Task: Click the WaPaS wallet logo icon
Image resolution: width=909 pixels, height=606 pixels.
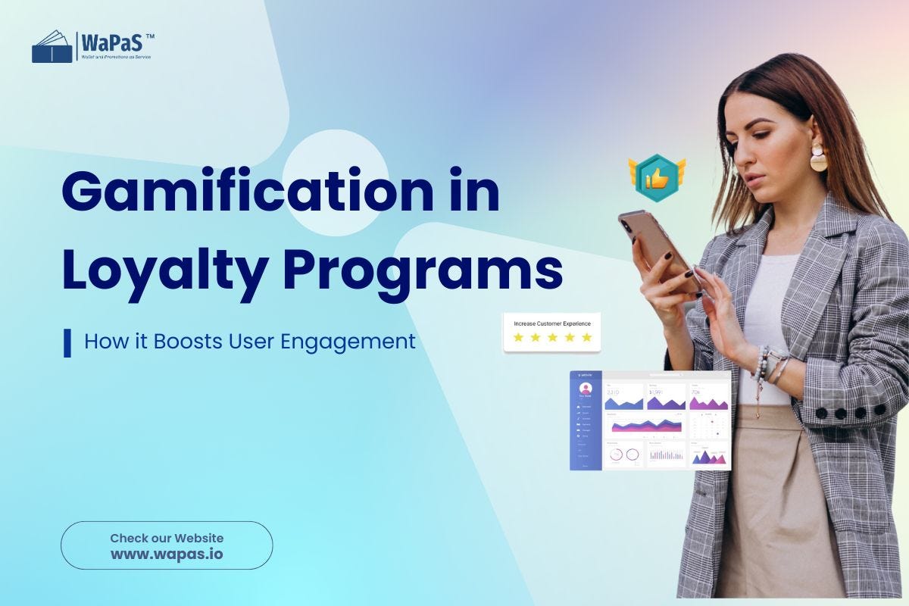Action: tap(52, 47)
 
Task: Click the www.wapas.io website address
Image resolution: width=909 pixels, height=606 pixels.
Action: tap(167, 554)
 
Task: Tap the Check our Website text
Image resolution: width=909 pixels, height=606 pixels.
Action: tap(167, 538)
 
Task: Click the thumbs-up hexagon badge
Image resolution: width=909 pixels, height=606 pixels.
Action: tap(656, 176)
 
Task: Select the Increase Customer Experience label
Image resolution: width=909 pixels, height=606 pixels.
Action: tap(552, 323)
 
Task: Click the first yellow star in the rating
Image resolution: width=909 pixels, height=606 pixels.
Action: tap(518, 337)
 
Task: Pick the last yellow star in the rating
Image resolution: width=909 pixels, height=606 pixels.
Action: tap(586, 337)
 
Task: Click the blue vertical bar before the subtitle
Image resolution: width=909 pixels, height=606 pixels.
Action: tap(67, 342)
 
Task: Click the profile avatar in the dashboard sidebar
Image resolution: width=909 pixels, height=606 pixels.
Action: tap(586, 388)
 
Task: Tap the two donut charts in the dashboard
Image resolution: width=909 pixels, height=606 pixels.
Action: tap(624, 454)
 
